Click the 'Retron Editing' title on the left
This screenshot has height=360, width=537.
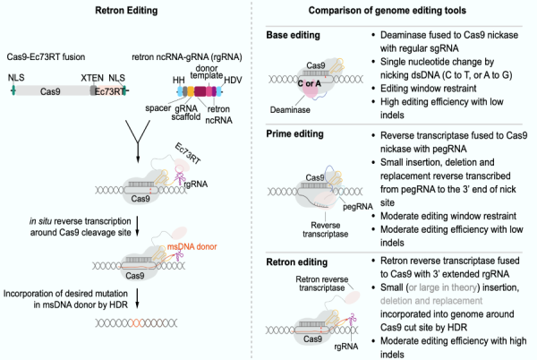tap(125, 11)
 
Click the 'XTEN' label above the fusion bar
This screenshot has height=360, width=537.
tap(90, 79)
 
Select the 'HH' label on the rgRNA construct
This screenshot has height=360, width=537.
tap(178, 79)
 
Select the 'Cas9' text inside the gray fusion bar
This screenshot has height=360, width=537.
tap(51, 90)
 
